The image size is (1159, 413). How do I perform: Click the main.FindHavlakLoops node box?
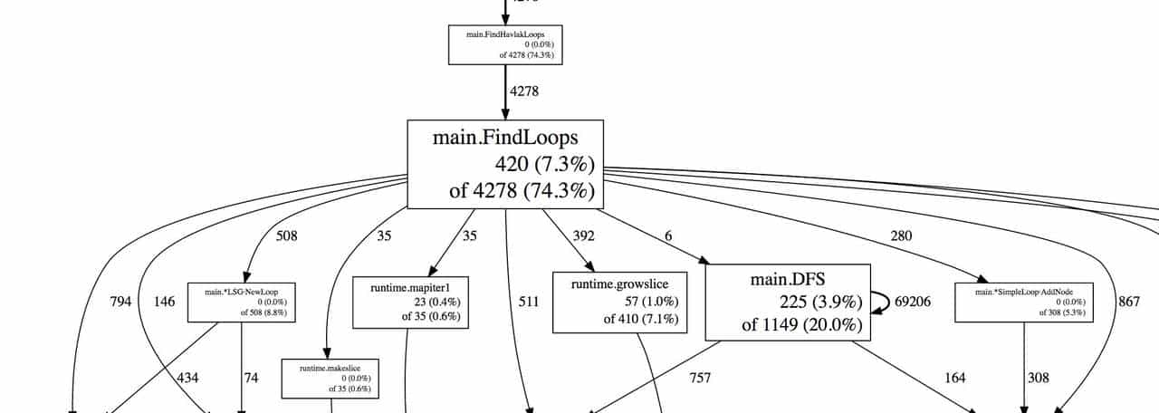[x=505, y=44]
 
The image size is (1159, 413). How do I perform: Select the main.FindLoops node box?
[x=505, y=164]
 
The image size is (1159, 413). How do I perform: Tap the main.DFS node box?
[x=787, y=303]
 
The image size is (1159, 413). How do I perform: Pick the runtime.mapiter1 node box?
[x=407, y=302]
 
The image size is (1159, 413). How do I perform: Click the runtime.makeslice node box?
[x=330, y=379]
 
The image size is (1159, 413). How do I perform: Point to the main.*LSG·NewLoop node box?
[x=242, y=302]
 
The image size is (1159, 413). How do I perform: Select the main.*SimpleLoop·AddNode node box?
[x=1024, y=302]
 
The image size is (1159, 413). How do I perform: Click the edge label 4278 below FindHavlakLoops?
[x=526, y=91]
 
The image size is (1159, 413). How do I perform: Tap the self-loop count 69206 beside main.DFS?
[x=913, y=302]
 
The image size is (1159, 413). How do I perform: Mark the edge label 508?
[x=286, y=236]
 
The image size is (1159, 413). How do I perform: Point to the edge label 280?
[x=901, y=236]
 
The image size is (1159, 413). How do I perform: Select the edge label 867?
[x=1129, y=302]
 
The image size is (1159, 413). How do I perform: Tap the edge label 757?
[x=699, y=378]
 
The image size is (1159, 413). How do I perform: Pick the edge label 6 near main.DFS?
[x=668, y=236]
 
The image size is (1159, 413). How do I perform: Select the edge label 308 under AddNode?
[x=1039, y=378]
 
